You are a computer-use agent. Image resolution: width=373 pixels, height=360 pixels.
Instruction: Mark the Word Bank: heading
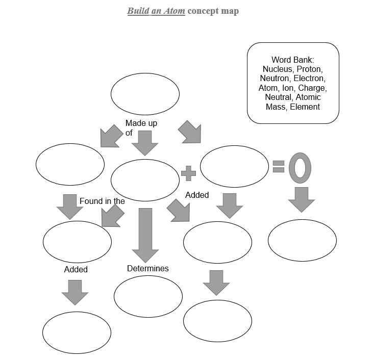coord(292,60)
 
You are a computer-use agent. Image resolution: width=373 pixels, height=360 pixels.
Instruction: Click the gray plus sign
coord(188,173)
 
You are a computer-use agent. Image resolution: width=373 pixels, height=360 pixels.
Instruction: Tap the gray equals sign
coord(278,166)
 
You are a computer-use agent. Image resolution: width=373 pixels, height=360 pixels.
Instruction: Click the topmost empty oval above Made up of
coord(145,94)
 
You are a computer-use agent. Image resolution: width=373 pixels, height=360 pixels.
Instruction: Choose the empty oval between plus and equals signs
coord(234,166)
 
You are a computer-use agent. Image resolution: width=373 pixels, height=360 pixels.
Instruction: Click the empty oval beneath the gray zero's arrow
coord(302,240)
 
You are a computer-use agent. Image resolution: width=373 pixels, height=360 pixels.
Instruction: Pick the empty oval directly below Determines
coord(148,296)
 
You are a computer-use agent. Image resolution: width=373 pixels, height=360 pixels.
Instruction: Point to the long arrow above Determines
coord(145,235)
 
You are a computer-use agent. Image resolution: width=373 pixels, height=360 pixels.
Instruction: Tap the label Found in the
coord(102,201)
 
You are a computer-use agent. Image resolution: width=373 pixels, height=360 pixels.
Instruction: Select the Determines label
coord(147,268)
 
